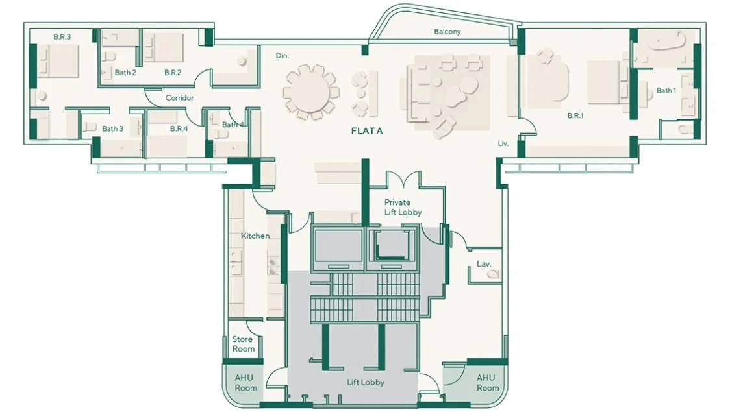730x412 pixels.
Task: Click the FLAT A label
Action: (366, 131)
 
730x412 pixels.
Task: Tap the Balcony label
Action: (447, 32)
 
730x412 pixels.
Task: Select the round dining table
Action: (310, 91)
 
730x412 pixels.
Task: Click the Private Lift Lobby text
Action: (403, 207)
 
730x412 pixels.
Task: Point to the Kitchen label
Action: (255, 236)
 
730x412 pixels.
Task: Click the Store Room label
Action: (243, 344)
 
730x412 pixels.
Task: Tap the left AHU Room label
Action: (245, 383)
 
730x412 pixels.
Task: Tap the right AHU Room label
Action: (486, 382)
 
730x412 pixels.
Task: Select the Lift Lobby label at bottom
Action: (366, 382)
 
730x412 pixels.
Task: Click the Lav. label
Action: (483, 264)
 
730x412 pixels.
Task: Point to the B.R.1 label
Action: (575, 116)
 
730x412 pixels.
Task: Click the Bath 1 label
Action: (666, 91)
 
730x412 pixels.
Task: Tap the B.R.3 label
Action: (62, 37)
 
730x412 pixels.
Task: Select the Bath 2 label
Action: (125, 73)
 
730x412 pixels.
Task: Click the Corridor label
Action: (179, 98)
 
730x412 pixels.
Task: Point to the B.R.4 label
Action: (179, 128)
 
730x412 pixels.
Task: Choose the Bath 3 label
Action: (112, 128)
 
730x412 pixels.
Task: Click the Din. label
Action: (282, 55)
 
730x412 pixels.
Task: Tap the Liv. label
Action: (503, 143)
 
